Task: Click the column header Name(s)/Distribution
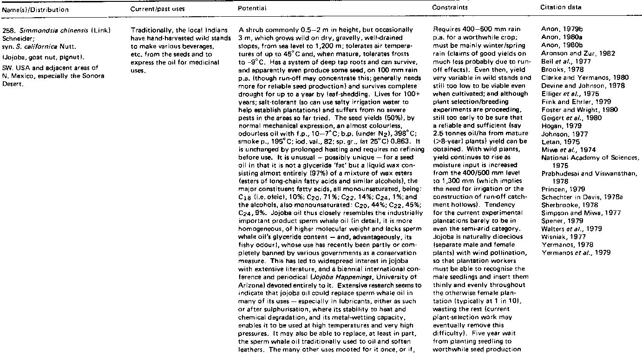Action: (x=35, y=9)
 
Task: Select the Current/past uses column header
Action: (x=151, y=9)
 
